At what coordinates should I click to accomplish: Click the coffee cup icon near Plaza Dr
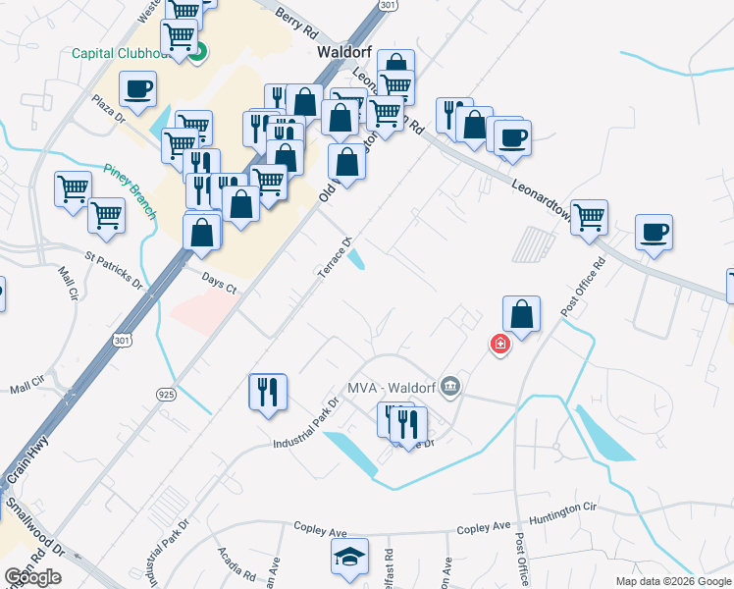pos(137,89)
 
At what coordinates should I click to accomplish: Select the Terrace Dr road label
pos(332,258)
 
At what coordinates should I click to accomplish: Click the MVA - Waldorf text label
pos(388,387)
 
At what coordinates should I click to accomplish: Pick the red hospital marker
pos(499,344)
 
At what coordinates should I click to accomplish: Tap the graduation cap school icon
pos(350,557)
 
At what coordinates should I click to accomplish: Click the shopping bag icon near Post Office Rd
pos(522,315)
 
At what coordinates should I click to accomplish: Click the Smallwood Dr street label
pos(33,526)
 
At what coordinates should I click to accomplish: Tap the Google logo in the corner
pos(33,577)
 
